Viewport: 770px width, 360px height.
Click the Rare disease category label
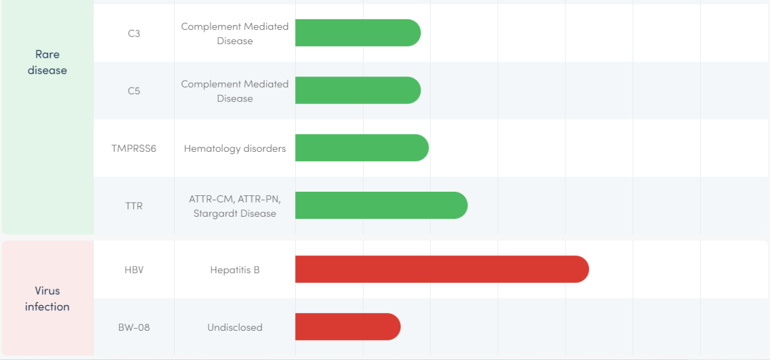[47, 62]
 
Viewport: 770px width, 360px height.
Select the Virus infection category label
[47, 299]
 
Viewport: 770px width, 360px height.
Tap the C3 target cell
[134, 34]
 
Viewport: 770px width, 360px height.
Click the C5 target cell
[134, 91]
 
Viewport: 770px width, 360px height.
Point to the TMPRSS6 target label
[134, 148]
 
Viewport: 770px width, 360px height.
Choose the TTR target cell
[134, 206]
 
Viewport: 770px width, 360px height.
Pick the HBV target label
[134, 270]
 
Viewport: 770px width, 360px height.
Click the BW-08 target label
[134, 327]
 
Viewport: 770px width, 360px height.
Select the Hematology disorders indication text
[235, 148]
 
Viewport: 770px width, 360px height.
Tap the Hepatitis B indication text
[235, 270]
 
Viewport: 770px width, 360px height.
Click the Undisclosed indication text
[235, 327]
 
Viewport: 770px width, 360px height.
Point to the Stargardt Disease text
[235, 213]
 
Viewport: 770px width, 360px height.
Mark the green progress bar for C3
[357, 33]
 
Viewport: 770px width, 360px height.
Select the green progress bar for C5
[357, 91]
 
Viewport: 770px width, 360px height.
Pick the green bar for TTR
[381, 205]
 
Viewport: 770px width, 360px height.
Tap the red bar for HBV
[441, 269]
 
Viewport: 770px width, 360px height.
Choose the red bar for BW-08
[347, 326]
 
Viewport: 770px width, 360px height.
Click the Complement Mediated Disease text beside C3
[235, 34]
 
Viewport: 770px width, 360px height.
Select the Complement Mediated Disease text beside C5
[235, 91]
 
